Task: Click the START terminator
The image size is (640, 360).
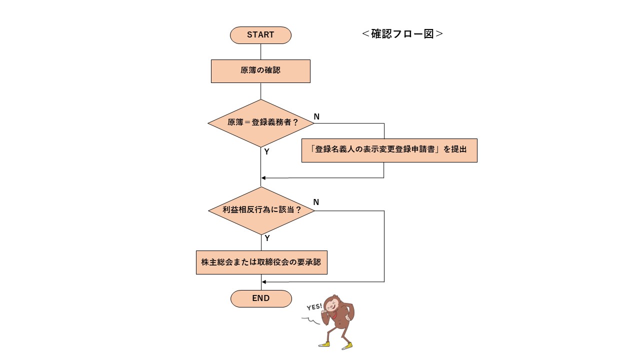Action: pos(260,35)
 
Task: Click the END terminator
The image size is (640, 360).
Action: pos(260,298)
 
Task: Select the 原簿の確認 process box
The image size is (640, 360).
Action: pos(260,71)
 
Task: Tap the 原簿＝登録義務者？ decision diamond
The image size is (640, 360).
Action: pos(260,123)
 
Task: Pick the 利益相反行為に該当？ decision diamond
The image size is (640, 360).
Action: pos(261,210)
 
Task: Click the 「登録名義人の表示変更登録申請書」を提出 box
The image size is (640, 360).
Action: pos(389,150)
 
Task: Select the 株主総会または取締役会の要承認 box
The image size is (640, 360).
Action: pos(261,262)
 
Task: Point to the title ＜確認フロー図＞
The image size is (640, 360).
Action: pos(402,34)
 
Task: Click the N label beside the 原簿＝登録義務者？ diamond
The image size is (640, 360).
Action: pos(316,116)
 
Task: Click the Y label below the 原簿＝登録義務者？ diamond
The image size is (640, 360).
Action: pos(267,151)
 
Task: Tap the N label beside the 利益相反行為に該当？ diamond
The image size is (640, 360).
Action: pos(316,202)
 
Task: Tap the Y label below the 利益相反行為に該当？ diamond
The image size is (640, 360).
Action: pos(267,238)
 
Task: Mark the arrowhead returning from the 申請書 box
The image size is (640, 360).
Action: pos(264,178)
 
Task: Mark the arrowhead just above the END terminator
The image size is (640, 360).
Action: pos(264,282)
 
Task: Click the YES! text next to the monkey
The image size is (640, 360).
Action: pos(314,307)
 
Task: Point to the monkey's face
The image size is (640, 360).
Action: pos(332,303)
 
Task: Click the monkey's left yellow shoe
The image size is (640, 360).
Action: pos(324,344)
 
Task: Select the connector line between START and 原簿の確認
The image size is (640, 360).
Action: pos(260,51)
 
